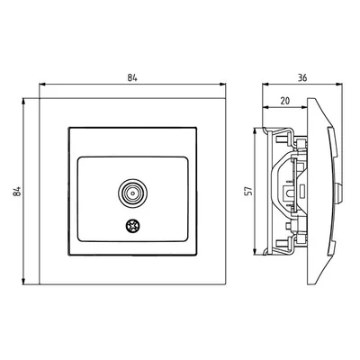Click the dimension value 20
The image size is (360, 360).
(284, 101)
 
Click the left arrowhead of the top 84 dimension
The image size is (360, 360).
(42, 85)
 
